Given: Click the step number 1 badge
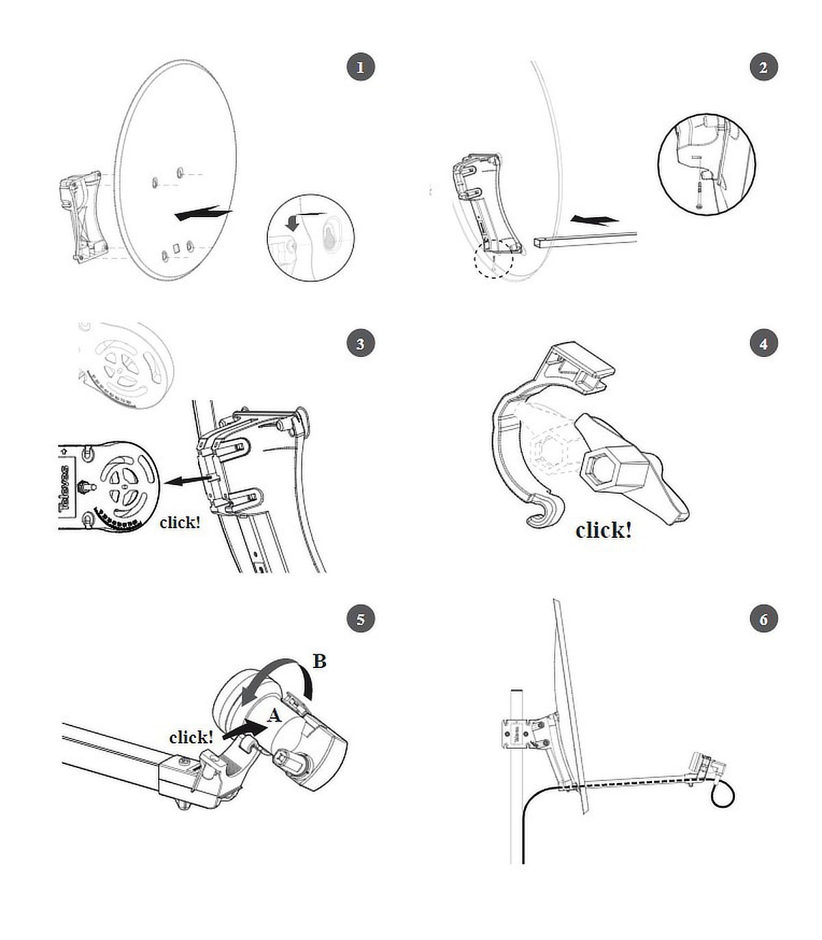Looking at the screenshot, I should click(360, 67).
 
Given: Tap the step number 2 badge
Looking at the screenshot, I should click(763, 67).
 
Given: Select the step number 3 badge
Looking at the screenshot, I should click(360, 343).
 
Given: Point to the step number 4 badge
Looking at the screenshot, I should click(763, 343).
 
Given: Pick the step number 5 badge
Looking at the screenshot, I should click(360, 619).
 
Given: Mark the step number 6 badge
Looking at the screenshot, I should click(763, 619).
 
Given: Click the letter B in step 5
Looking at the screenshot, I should click(319, 662).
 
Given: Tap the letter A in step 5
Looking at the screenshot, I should click(274, 716).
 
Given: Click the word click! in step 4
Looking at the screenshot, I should click(603, 530).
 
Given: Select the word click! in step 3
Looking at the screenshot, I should click(179, 522).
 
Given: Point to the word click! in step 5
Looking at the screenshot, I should click(191, 737).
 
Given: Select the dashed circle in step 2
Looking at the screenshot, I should click(493, 261).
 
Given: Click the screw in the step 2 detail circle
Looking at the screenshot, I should click(698, 194).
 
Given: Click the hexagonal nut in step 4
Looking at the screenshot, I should click(614, 469).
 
